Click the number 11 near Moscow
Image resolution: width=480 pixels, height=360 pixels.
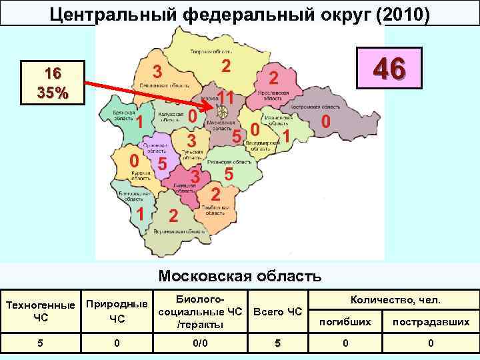(226, 97)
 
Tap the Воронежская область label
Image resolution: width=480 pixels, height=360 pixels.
(175, 231)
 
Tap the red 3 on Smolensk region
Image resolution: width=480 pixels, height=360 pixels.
(157, 71)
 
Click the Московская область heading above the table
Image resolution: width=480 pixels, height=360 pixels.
(240, 275)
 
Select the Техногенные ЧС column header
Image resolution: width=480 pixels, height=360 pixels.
(40, 311)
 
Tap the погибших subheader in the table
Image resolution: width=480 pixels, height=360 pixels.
(345, 321)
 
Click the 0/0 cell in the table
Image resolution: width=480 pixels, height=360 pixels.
(197, 343)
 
